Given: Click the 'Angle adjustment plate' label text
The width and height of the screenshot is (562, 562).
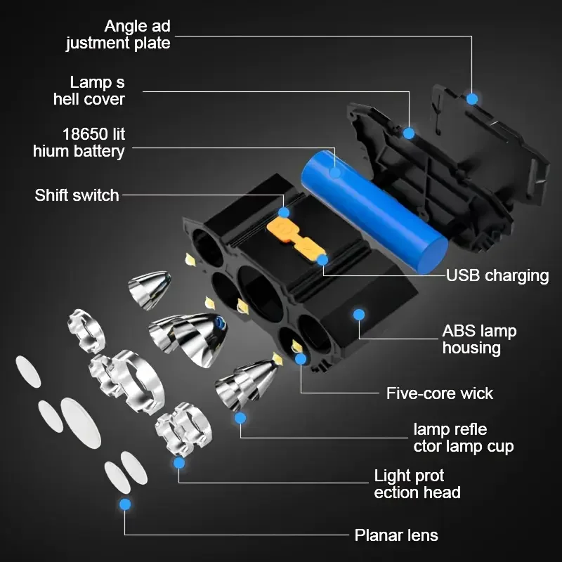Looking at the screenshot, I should [x=118, y=34].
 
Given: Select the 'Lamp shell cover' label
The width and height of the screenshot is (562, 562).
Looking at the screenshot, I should [x=89, y=91].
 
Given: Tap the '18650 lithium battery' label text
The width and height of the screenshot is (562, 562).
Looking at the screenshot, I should [x=79, y=142].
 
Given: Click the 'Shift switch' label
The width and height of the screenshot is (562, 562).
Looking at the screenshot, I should [x=77, y=195].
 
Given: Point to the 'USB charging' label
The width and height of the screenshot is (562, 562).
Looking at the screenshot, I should [x=497, y=275].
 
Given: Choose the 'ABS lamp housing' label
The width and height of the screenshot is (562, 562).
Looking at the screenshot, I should [x=479, y=339].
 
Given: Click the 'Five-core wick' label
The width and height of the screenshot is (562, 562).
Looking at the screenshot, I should [x=440, y=393].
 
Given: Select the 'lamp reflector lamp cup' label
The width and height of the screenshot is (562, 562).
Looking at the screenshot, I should [x=463, y=437].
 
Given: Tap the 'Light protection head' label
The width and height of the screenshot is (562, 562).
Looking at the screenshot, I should [x=417, y=484].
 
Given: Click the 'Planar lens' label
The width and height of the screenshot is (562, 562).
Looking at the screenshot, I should [x=396, y=535].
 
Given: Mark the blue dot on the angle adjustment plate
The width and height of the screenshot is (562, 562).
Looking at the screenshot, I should [x=472, y=99].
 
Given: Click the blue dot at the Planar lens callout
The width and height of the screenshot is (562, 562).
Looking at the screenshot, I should [x=126, y=504].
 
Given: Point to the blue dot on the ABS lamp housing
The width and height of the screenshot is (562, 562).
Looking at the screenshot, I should [x=360, y=313].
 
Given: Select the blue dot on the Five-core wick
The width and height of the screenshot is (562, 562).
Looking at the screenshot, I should [x=301, y=359].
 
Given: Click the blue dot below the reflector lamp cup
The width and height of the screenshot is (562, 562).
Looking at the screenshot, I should [x=240, y=418].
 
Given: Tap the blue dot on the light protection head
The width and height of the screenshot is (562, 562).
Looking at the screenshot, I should [x=179, y=462].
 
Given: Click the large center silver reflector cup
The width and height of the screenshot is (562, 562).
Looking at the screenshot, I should [x=186, y=338].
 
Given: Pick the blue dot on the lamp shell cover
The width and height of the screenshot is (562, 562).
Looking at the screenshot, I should [x=409, y=132].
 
